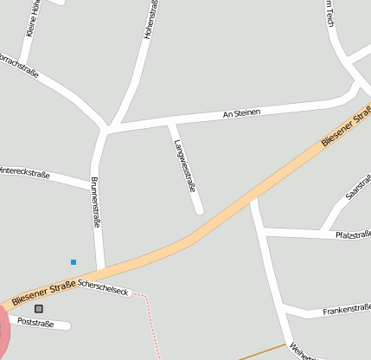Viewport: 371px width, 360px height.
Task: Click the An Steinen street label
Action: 241,113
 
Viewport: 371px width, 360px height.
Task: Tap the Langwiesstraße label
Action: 185,164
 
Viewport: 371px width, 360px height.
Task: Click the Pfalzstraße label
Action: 353,234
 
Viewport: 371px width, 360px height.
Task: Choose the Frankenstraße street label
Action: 346,309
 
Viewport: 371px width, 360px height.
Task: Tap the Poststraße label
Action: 35,324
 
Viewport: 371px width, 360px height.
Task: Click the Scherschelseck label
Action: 102,287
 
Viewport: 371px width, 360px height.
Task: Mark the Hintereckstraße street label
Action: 24,172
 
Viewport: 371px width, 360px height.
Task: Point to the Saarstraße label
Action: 357,188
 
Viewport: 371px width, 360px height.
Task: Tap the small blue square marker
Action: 74,261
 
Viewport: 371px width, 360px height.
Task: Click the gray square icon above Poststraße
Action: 38,308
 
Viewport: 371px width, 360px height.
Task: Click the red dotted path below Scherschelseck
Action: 153,325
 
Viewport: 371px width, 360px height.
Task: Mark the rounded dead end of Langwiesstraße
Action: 199,209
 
